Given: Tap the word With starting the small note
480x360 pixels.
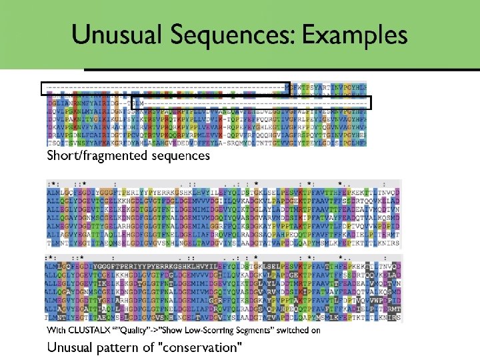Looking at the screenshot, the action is point(55,331).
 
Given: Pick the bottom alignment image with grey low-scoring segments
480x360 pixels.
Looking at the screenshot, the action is point(223,287).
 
